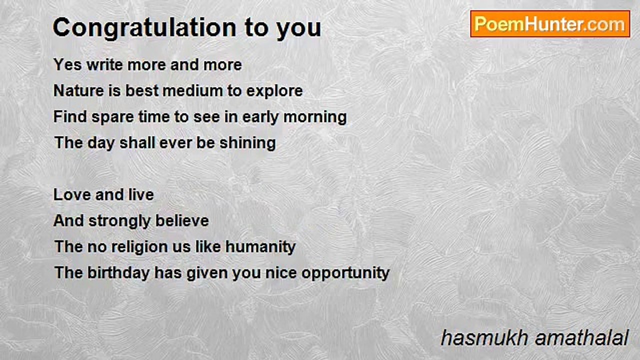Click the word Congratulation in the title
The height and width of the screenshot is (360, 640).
pos(144,28)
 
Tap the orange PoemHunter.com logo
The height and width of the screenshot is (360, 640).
pos(550,24)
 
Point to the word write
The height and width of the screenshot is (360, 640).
pos(104,64)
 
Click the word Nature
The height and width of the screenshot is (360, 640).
pos(78,90)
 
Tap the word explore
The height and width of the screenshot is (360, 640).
pos(274,91)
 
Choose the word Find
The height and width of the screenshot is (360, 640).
pos(70,116)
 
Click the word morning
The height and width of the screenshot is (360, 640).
pos(315,117)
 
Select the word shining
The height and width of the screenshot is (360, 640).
pos(247,143)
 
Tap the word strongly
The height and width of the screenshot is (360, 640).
pos(119,221)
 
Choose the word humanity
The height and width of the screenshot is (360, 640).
pos(260,247)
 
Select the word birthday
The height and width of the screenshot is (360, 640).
pos(118,273)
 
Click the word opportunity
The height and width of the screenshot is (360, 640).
pos(345,273)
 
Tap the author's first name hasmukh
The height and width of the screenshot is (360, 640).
pos(484,338)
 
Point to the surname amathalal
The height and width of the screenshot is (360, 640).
pos(581,338)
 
